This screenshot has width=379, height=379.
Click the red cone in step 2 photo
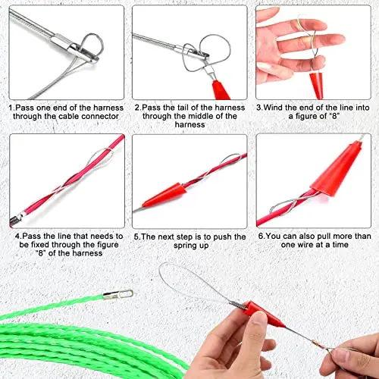(x=221, y=90)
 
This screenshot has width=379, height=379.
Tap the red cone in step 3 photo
(x=317, y=85)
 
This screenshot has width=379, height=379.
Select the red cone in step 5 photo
(x=164, y=195)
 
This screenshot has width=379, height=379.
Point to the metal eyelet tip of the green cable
(x=118, y=295)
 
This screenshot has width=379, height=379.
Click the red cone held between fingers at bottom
(x=263, y=314)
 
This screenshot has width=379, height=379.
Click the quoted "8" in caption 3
(x=334, y=116)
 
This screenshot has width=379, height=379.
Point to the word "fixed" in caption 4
(x=40, y=245)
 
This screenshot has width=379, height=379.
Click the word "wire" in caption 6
(x=305, y=245)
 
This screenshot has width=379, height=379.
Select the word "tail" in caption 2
(x=184, y=108)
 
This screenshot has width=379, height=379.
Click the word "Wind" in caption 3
(x=273, y=108)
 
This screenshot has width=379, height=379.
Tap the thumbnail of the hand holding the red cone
(x=313, y=52)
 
